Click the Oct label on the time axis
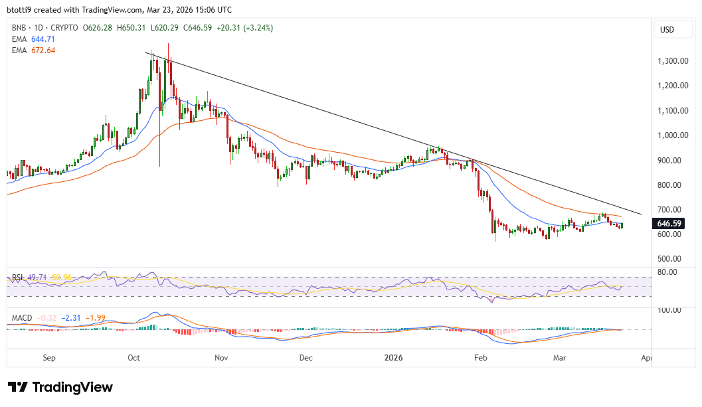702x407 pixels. coord(134,358)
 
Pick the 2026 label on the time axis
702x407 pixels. coord(393,358)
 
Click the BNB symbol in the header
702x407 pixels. coord(20,28)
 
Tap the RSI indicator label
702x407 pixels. coord(18,277)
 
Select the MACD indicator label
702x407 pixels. coord(22,318)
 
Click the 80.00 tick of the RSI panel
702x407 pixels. coord(666,272)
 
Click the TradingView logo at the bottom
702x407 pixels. coord(60,387)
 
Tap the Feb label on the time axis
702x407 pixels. coord(481,358)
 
